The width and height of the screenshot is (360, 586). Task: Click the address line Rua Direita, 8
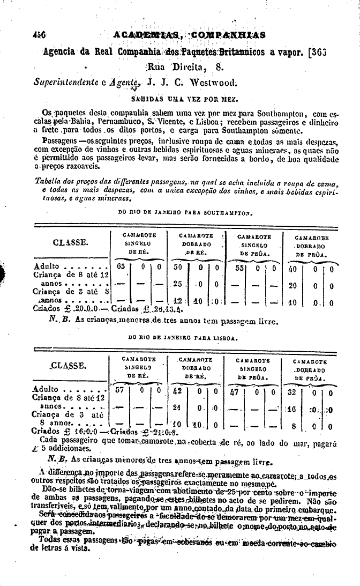pyautogui.click(x=184, y=68)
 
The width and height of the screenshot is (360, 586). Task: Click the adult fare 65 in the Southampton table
pyautogui.click(x=121, y=266)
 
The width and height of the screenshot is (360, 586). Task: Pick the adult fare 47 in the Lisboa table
pyautogui.click(x=234, y=391)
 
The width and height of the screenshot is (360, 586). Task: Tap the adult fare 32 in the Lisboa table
pyautogui.click(x=292, y=391)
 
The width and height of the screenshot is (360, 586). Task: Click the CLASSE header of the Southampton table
pyautogui.click(x=71, y=242)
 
